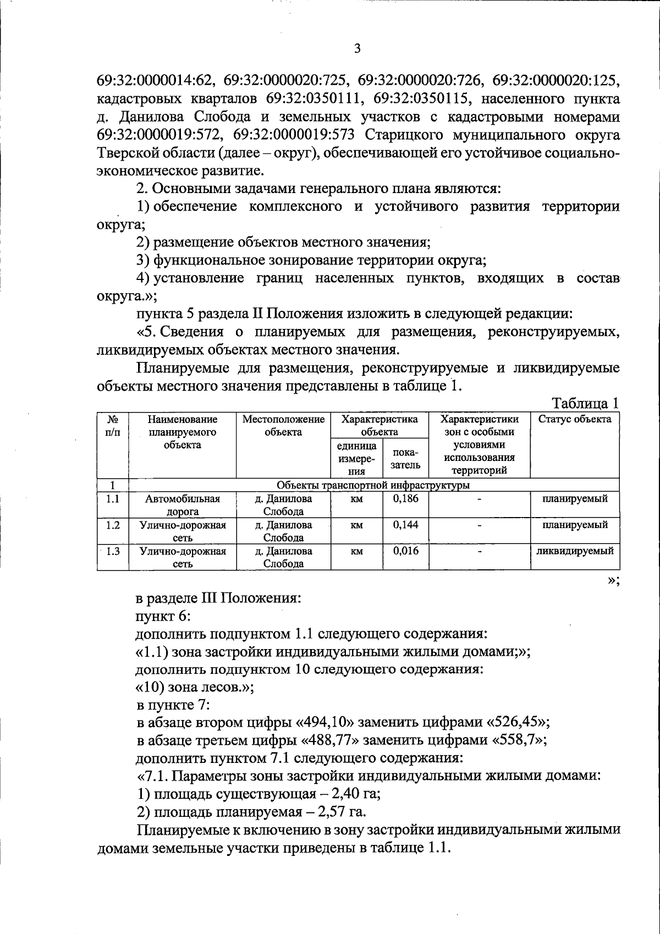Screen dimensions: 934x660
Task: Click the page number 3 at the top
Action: [357, 49]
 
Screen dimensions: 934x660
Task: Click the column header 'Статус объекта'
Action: [574, 419]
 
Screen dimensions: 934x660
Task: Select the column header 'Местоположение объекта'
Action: [283, 425]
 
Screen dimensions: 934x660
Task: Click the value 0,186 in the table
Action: [406, 499]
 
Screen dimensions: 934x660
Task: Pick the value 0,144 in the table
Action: [406, 525]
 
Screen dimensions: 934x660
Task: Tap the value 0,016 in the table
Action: [406, 551]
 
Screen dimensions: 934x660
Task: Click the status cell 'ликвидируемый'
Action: [575, 551]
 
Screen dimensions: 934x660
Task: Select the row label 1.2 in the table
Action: [113, 525]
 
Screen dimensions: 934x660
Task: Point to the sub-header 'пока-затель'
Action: [406, 458]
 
